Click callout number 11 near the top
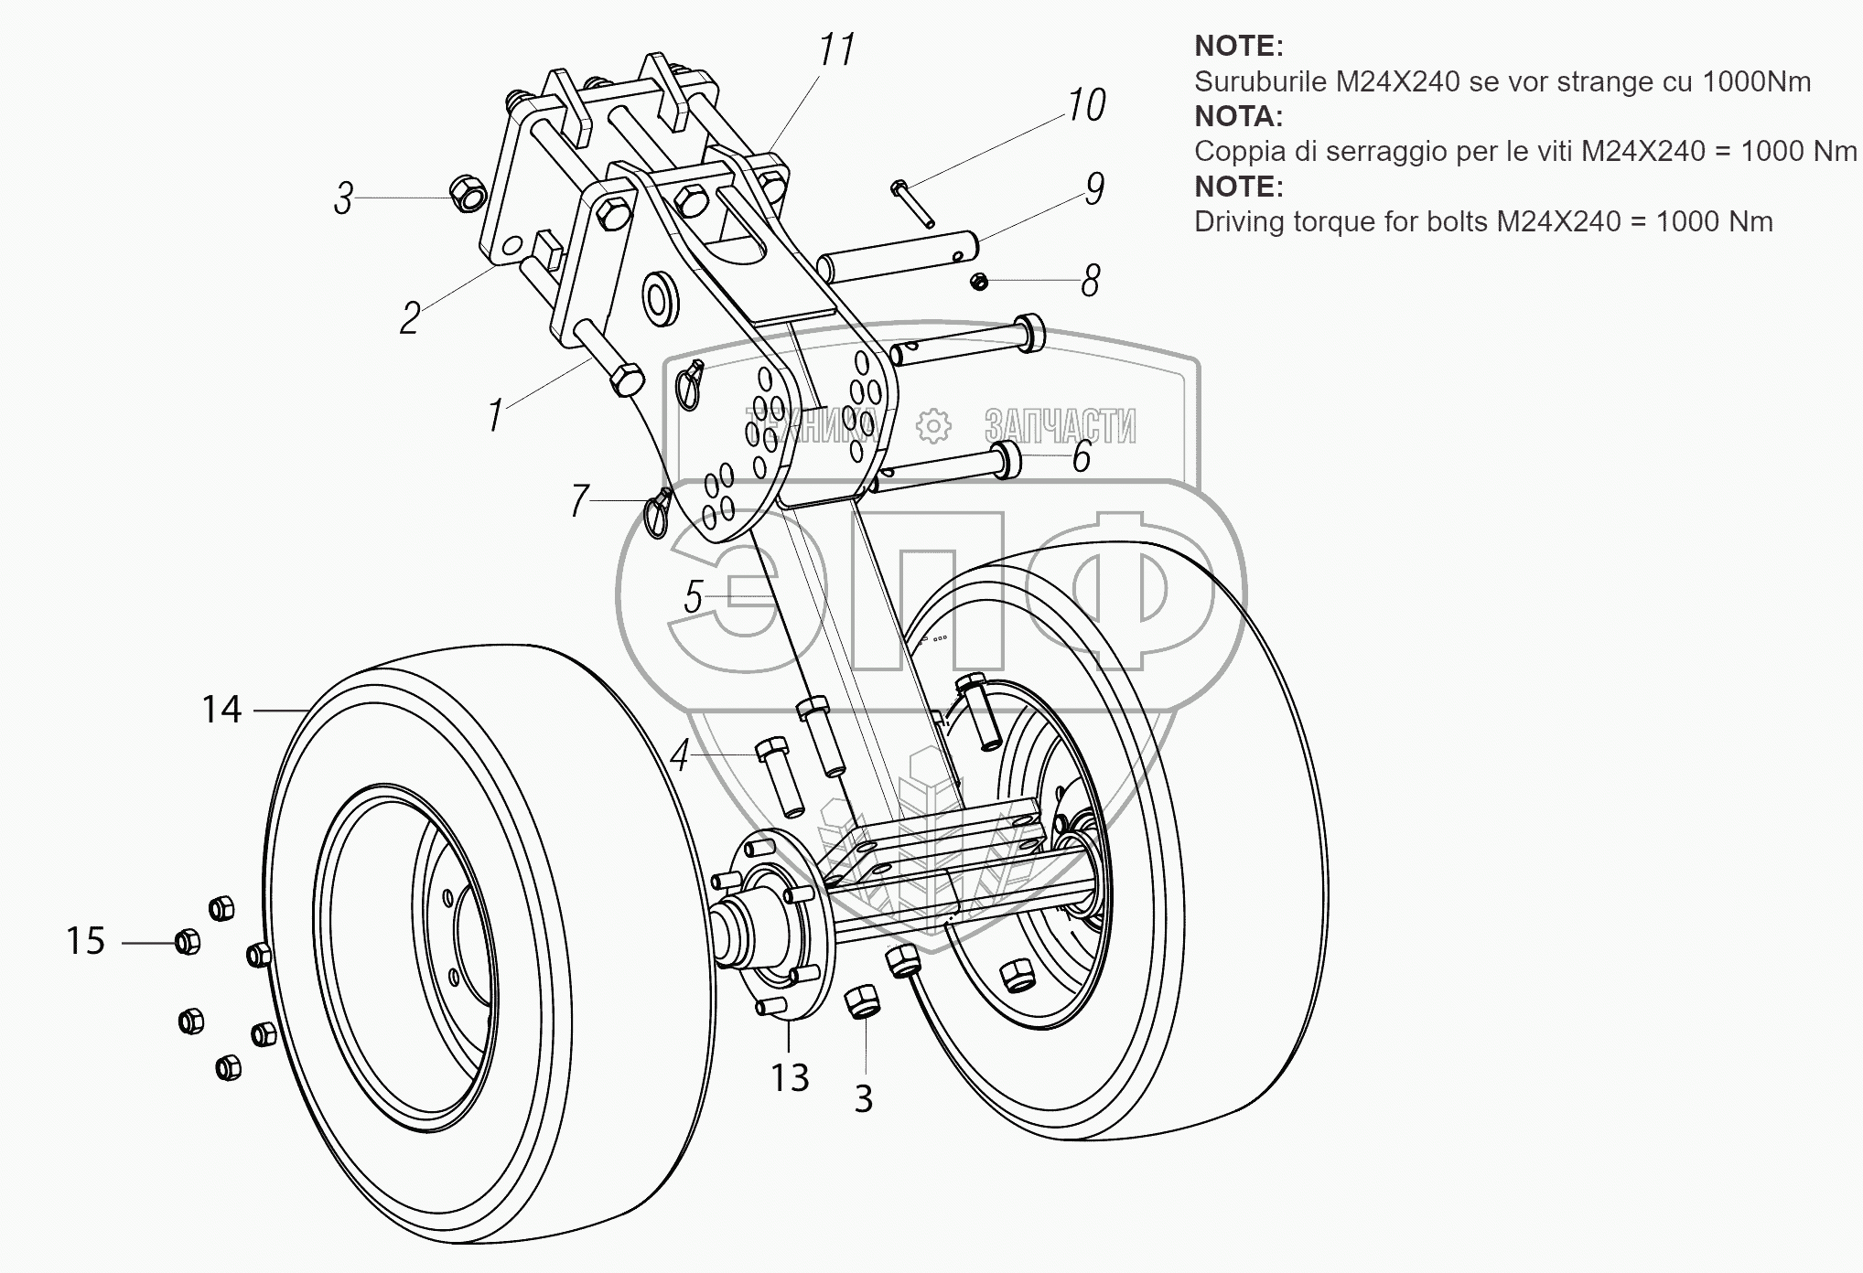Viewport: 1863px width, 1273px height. [x=836, y=50]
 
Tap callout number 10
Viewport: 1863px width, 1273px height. [x=1086, y=105]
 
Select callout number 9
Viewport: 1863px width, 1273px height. [x=1094, y=188]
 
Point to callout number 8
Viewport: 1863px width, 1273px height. [x=1090, y=281]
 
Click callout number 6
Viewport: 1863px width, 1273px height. [x=1082, y=456]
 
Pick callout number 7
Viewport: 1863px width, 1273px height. [x=579, y=501]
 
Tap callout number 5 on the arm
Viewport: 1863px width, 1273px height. [x=694, y=598]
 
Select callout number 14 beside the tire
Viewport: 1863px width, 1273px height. [x=221, y=710]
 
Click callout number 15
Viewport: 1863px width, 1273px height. [x=86, y=941]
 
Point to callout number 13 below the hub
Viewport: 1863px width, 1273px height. [x=790, y=1078]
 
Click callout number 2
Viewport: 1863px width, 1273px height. [x=410, y=318]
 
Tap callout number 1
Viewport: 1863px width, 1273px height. [x=495, y=416]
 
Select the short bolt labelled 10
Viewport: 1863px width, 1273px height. [x=911, y=203]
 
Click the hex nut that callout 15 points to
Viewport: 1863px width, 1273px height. [x=187, y=941]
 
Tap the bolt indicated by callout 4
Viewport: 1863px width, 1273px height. [x=780, y=776]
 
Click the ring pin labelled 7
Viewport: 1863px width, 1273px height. [x=659, y=513]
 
